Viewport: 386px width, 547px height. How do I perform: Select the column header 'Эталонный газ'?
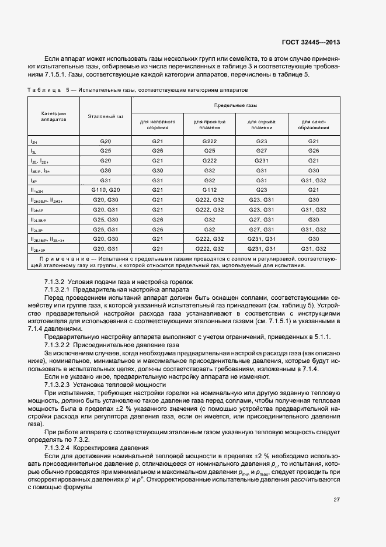[105, 117]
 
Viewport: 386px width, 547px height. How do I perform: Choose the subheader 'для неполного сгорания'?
[158, 124]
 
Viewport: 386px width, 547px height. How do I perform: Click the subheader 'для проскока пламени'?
[210, 124]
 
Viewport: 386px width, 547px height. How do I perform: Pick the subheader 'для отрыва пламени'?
[262, 124]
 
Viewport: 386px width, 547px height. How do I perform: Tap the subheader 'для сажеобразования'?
[314, 124]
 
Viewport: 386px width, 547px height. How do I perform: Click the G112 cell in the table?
[210, 190]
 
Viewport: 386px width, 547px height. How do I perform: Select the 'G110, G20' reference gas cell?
[106, 190]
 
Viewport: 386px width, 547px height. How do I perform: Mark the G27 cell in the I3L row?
[262, 151]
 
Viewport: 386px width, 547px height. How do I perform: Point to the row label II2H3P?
[37, 210]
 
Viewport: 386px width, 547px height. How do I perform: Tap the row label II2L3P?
[37, 230]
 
